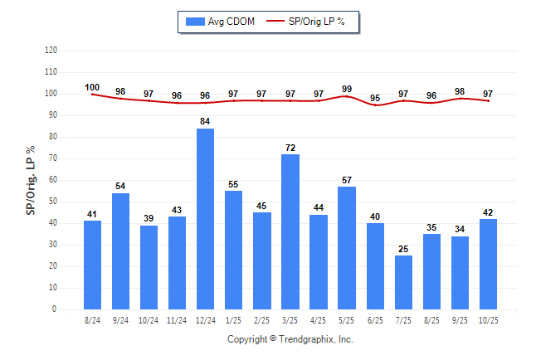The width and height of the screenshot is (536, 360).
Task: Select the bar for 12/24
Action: tap(205, 219)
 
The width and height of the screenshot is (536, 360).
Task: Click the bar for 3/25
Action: tap(290, 231)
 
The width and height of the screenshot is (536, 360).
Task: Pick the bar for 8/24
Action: tap(92, 265)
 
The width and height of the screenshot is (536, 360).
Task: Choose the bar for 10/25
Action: tap(488, 264)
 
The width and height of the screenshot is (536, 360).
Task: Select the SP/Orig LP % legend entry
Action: tap(312, 22)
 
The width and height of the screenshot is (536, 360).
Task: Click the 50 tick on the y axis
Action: tap(52, 202)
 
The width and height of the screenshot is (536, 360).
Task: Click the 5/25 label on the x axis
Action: tap(346, 320)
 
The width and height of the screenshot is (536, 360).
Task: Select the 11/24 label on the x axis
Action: tap(177, 320)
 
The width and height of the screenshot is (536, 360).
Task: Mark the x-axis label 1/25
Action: tap(233, 320)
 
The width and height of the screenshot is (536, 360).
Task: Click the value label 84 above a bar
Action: tap(205, 122)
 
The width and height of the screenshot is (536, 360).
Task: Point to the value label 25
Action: tap(403, 249)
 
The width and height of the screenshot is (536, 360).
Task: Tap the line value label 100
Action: tap(92, 87)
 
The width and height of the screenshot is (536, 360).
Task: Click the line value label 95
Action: tap(375, 98)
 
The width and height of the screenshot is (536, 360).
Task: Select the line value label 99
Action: tap(346, 89)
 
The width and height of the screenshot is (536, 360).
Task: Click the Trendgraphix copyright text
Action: tap(290, 339)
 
